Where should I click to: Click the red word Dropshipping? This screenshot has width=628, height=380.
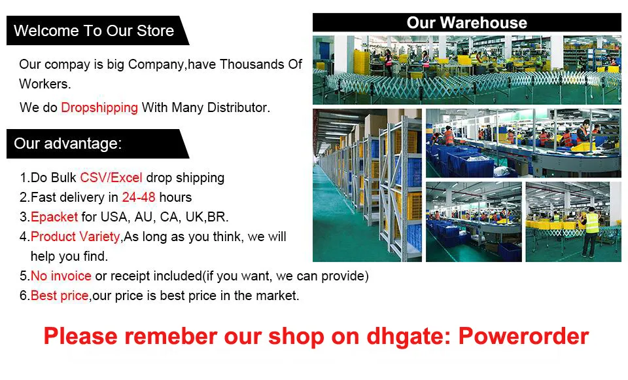point(99,108)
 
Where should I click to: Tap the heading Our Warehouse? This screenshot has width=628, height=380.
point(466,22)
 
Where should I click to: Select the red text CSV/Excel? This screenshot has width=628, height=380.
point(111,178)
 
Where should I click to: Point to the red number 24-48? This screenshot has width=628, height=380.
point(139,197)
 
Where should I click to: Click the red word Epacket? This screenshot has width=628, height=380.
point(54,217)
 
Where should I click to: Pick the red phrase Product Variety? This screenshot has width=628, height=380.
point(75,237)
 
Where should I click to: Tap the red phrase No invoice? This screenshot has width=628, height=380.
point(61,276)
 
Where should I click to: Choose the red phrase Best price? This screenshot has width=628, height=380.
point(60,295)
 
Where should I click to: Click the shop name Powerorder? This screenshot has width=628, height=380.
point(523,336)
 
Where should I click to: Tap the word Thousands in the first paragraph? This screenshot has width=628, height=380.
point(251,64)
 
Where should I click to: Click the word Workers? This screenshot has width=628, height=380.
point(45,84)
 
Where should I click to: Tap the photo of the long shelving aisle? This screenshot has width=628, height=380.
point(367,185)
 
